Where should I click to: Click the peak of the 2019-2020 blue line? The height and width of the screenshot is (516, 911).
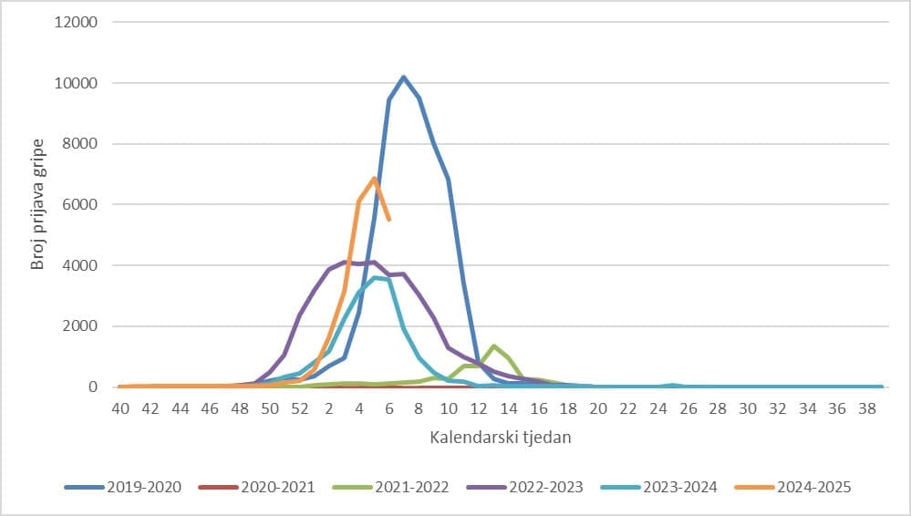[403, 77]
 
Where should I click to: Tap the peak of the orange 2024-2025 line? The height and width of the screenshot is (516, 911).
[374, 179]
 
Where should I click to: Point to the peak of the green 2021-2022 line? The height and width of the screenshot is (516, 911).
[493, 346]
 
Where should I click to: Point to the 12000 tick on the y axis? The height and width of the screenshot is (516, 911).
[78, 22]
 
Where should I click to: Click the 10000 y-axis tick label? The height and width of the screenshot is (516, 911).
[78, 83]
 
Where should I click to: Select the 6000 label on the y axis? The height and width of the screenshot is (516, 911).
[81, 204]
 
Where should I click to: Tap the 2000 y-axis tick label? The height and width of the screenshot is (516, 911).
[81, 326]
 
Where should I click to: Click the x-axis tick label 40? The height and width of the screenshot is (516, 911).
[120, 408]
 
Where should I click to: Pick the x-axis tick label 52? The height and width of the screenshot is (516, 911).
[299, 408]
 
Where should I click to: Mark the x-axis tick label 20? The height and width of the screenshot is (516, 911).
[597, 408]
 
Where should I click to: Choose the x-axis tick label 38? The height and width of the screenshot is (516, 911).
[866, 408]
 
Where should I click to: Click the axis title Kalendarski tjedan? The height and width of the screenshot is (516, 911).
[501, 438]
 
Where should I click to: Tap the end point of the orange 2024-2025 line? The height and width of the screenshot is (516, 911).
[388, 219]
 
